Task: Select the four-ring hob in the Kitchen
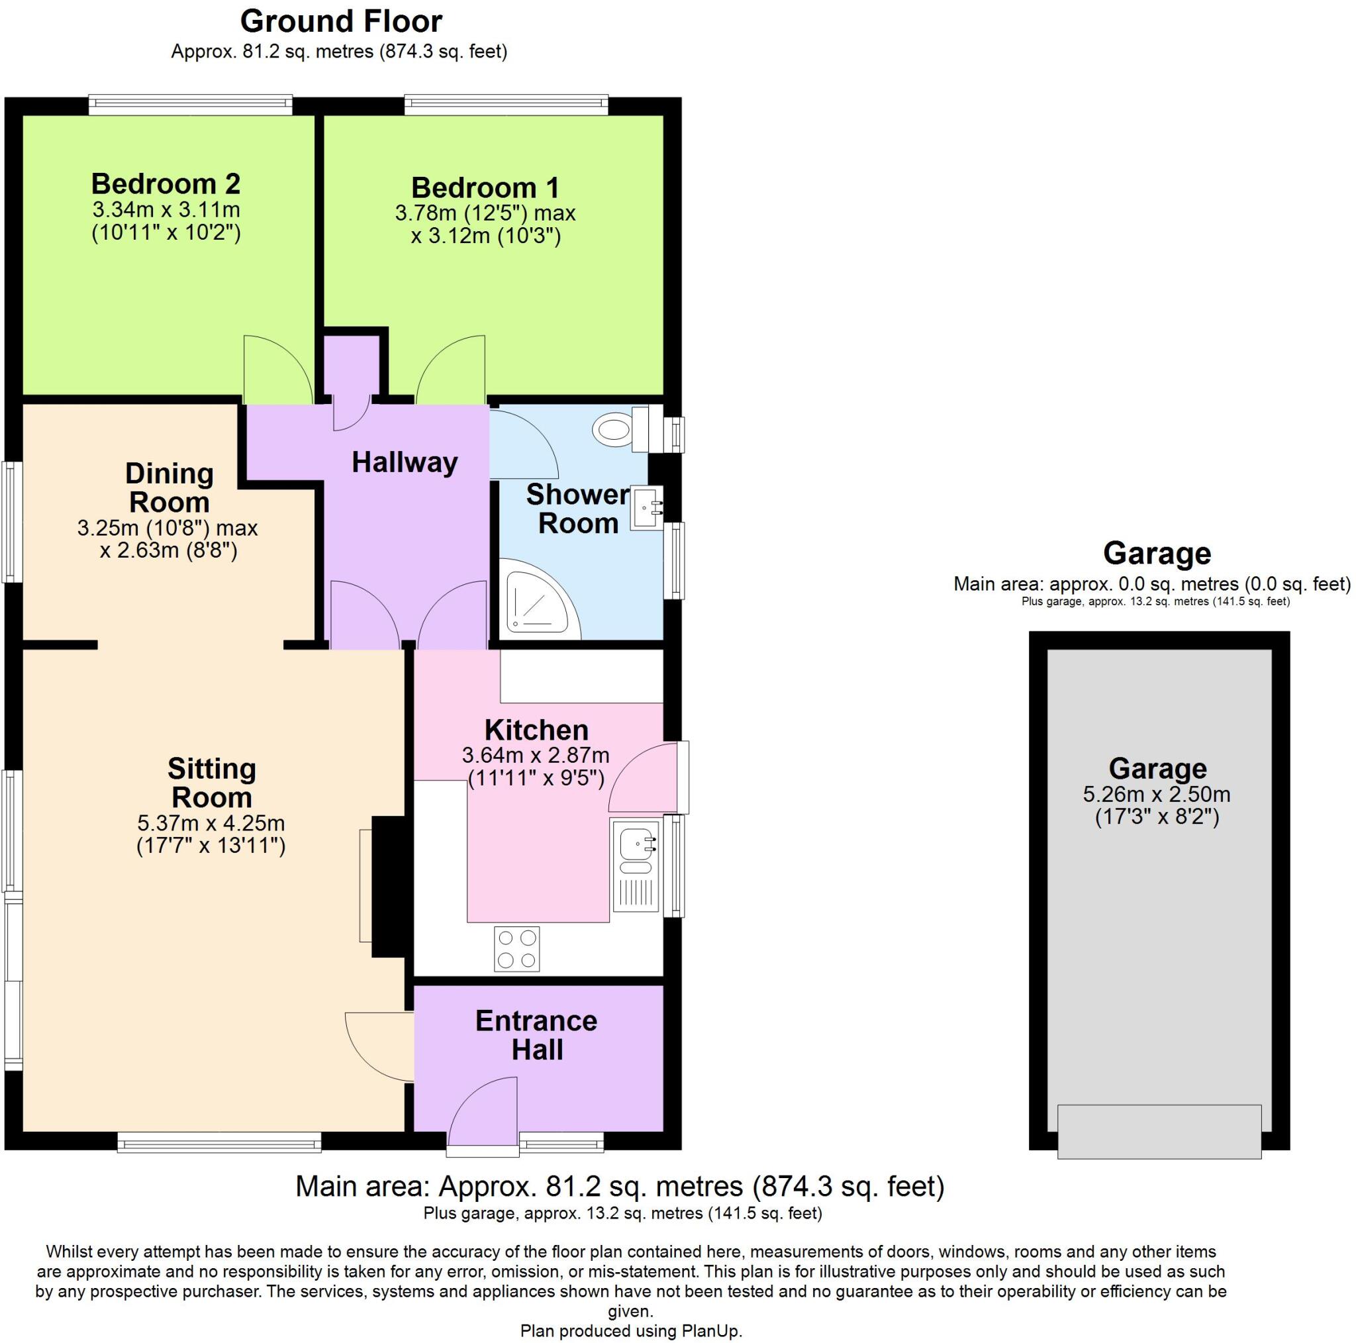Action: pos(516,949)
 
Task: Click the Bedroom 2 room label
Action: pos(166,184)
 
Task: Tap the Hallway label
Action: pos(405,462)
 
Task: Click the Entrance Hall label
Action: pos(536,1035)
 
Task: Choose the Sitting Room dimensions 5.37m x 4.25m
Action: pos(211,822)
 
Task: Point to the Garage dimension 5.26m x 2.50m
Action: pos(1157,795)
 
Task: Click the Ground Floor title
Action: pos(341,21)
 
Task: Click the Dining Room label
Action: pos(168,488)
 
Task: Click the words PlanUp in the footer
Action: pos(710,1331)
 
